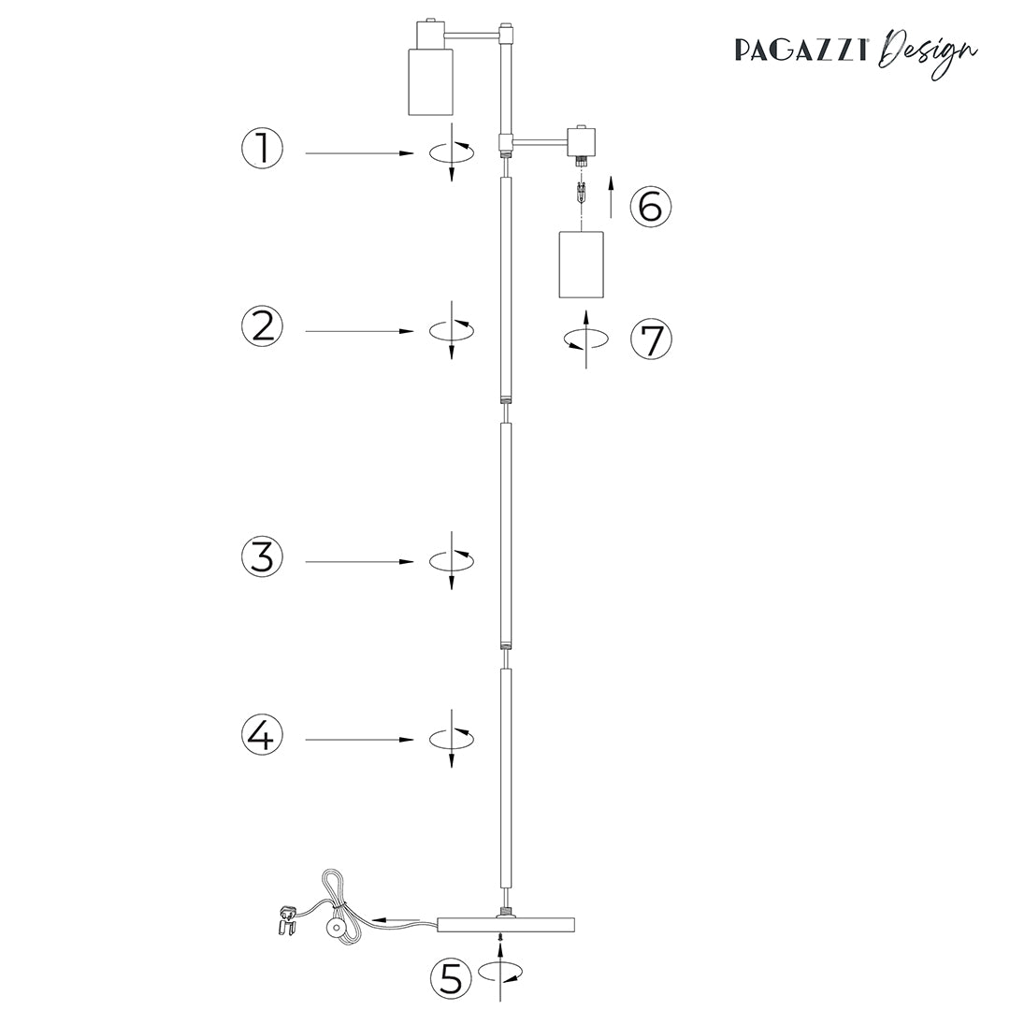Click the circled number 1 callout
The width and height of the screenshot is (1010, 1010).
[x=261, y=149]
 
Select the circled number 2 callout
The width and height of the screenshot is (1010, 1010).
[x=261, y=326]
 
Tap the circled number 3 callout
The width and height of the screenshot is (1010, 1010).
[x=262, y=556]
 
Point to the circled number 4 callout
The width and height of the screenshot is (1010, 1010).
[x=262, y=735]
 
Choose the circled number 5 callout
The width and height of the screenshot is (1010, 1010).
[x=451, y=978]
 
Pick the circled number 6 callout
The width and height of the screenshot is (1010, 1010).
[x=651, y=206]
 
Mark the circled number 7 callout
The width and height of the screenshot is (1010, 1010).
[x=651, y=339]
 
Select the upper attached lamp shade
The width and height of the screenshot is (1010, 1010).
[x=430, y=81]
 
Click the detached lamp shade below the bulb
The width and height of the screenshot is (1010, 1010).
[x=581, y=265]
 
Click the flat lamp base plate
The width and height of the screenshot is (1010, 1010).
[x=506, y=925]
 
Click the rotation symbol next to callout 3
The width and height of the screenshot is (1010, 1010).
[x=452, y=560]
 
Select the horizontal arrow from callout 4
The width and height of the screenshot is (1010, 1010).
[x=360, y=740]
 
